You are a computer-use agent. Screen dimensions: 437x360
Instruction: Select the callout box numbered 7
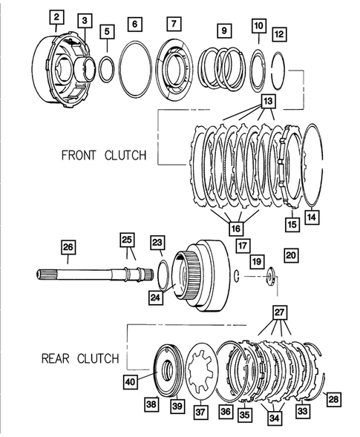[x=174, y=24]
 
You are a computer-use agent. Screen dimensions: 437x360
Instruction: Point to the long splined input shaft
[x=89, y=275]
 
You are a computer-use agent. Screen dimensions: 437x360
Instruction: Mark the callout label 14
[x=312, y=217]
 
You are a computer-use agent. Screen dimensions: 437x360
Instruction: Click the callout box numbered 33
[x=302, y=410]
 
